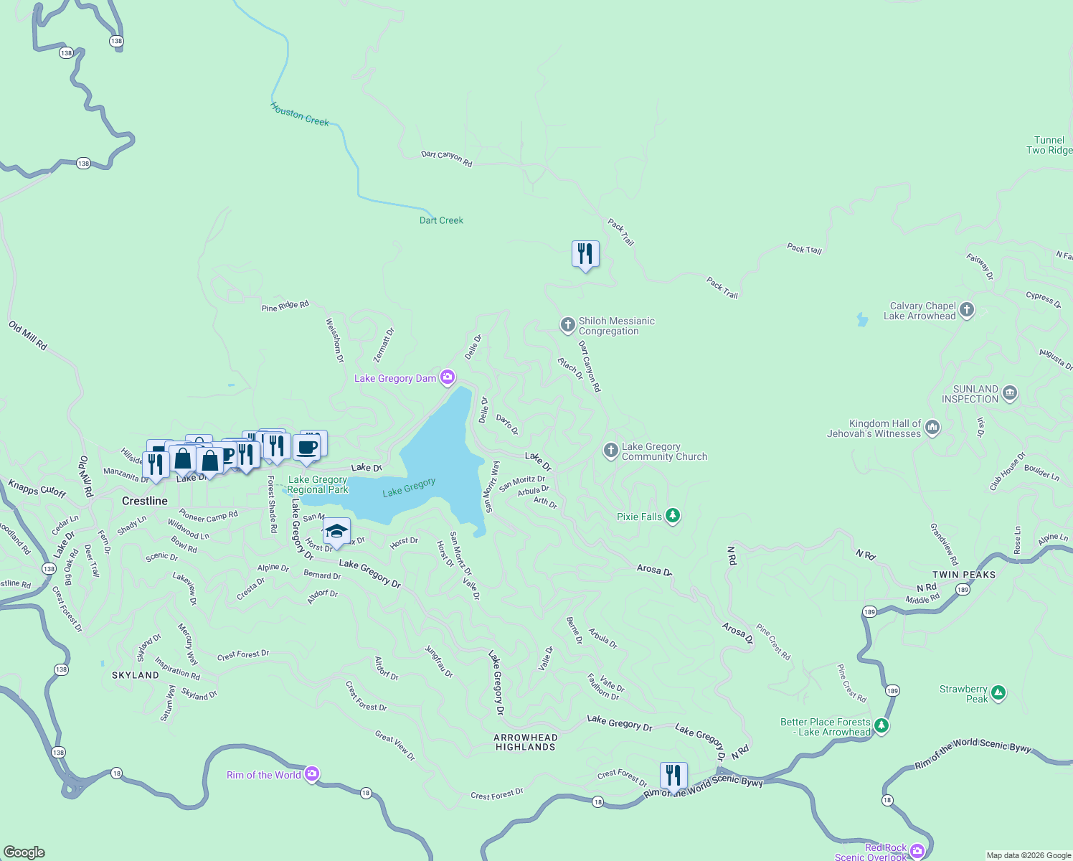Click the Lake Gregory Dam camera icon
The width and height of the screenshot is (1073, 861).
point(448,377)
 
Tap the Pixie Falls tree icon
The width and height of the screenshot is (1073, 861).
point(672,516)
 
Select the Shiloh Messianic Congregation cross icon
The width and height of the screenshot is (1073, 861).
point(567,326)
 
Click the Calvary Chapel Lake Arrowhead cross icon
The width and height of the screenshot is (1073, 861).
point(967,310)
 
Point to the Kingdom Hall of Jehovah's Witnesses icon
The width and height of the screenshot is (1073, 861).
point(932,428)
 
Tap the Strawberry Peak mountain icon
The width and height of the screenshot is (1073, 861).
point(998,694)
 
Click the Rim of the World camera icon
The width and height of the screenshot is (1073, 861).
point(311,774)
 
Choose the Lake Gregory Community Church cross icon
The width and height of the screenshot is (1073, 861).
point(610,451)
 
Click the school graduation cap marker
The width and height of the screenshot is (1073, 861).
point(336,532)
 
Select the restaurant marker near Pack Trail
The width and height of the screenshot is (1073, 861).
point(585,254)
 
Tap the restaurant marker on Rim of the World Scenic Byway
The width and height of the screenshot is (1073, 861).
point(673,776)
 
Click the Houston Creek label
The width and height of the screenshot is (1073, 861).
point(300,114)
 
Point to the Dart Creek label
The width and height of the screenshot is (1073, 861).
point(441,220)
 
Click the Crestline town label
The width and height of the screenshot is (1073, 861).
point(145,501)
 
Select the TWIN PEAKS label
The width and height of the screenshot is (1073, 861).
point(964,575)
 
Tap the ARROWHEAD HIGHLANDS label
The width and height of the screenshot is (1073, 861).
point(526,742)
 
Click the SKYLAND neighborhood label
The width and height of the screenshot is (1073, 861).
point(136,675)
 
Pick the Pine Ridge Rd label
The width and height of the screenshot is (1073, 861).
point(285,306)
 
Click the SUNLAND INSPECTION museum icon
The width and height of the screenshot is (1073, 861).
point(1010,393)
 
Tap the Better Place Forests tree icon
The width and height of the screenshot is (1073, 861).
point(881,726)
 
